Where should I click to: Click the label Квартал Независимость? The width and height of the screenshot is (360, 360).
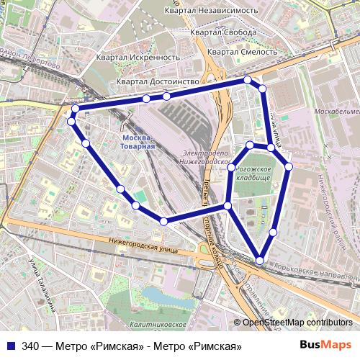point(211,10)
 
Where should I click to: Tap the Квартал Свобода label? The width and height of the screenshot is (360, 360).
point(224,33)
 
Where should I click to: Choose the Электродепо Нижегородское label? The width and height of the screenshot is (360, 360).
point(205,158)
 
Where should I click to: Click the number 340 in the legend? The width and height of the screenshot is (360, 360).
point(30,346)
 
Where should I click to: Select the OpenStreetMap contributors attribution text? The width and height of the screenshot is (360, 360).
point(297,323)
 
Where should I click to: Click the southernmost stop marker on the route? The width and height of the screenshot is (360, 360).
point(259,259)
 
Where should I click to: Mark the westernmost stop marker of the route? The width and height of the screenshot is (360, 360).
point(71,122)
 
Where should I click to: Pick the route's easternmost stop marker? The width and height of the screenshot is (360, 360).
point(289,166)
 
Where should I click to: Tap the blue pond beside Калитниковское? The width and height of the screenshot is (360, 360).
point(163,297)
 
